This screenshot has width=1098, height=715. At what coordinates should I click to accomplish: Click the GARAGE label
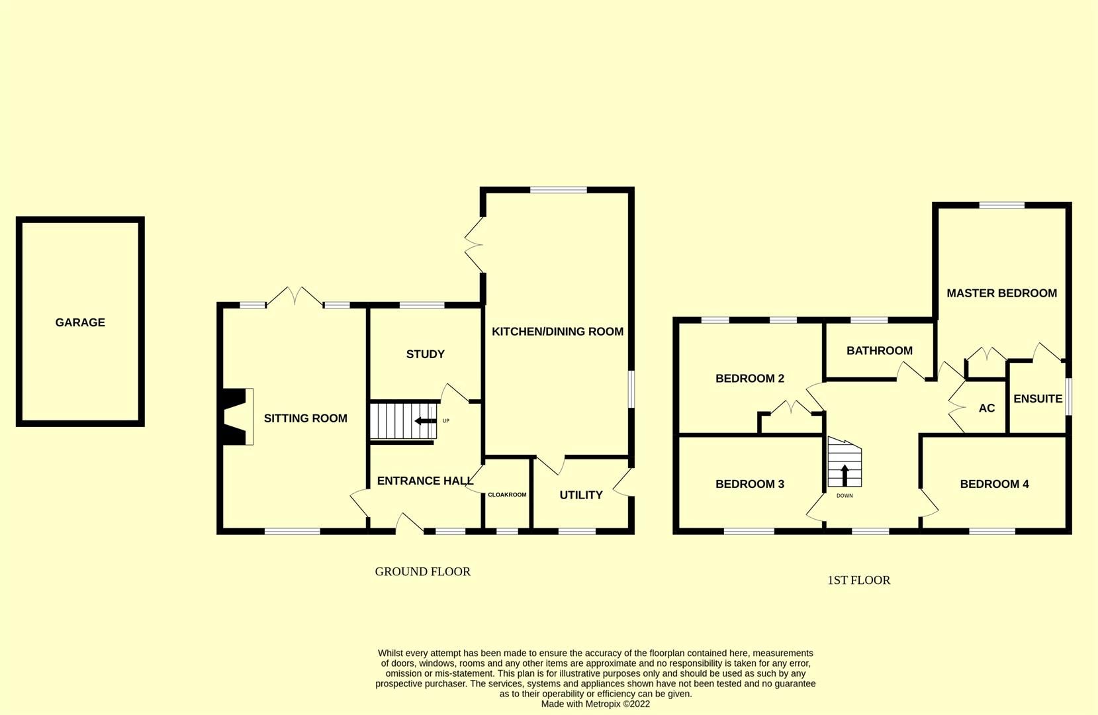[80, 322]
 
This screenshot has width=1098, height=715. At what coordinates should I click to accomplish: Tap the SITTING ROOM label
[305, 418]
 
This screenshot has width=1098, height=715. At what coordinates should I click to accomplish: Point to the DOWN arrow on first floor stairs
[845, 475]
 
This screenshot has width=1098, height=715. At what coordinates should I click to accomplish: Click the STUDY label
[425, 354]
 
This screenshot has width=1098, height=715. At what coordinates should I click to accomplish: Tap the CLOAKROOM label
[507, 495]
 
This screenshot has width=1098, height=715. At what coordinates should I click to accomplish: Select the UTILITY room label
[580, 495]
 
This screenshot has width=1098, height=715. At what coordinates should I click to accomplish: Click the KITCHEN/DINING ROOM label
[557, 332]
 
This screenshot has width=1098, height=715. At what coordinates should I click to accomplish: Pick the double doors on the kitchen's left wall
[474, 246]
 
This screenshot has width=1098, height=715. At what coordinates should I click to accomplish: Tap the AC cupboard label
[986, 408]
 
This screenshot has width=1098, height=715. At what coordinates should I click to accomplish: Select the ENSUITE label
[1037, 399]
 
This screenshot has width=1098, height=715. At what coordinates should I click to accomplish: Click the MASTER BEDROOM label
[1001, 293]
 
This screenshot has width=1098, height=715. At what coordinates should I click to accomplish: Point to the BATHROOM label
[879, 351]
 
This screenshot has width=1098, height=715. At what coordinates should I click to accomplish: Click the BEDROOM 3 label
[749, 484]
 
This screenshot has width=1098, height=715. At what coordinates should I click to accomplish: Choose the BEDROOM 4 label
[994, 484]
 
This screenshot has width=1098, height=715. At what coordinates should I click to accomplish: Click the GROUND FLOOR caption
[422, 571]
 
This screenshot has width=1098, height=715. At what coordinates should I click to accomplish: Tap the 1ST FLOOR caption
[858, 581]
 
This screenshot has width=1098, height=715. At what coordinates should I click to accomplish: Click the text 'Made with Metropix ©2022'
[595, 704]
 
